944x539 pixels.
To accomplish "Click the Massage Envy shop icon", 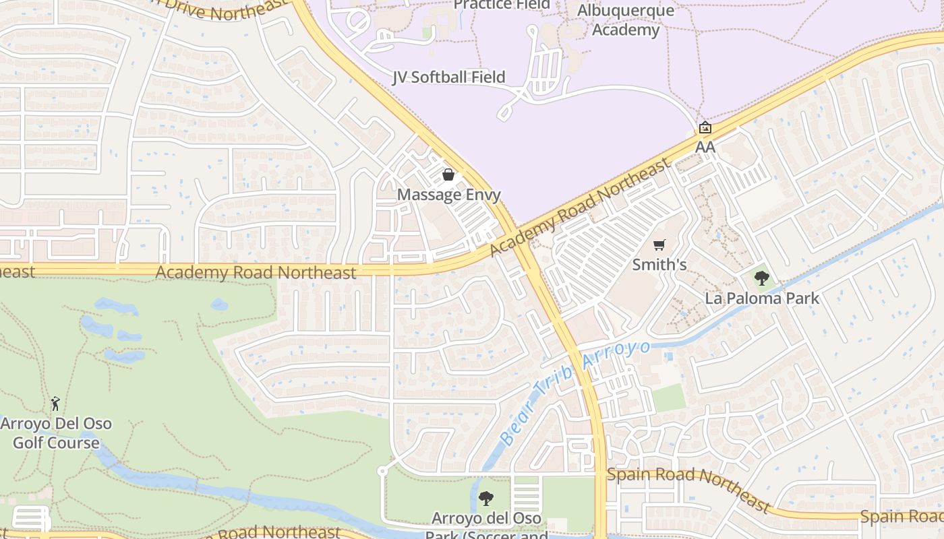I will tap(448, 175).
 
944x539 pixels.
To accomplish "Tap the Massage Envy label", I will tap(448, 195).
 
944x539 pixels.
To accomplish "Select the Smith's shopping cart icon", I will tap(659, 245).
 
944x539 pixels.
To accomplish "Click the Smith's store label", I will tap(659, 265).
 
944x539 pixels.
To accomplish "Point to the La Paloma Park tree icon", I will tap(762, 278).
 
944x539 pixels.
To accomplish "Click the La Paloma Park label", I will tap(762, 298).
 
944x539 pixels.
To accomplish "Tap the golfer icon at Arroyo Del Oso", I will tap(55, 404).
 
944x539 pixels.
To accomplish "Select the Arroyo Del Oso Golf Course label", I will tap(56, 433).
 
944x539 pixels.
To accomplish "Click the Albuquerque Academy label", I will tap(625, 20).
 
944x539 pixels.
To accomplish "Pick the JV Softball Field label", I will tap(449, 77).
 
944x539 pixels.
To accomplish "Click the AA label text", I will tap(705, 147).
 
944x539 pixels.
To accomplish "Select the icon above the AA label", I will tap(705, 127).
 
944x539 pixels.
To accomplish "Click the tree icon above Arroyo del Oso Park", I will tap(485, 499).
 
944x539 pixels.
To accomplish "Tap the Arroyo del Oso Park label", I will tap(486, 519).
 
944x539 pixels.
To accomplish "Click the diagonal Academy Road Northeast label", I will tap(581, 207).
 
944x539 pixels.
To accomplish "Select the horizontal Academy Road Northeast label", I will tap(256, 272).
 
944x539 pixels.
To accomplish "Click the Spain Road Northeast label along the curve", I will tap(688, 484).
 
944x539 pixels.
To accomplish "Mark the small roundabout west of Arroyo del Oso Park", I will tap(382, 470).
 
